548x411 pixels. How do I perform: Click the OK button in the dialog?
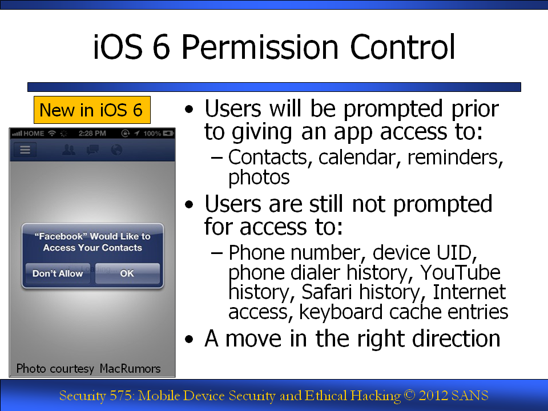[127, 273]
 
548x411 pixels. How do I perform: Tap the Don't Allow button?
[58, 273]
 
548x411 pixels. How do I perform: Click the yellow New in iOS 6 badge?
[92, 110]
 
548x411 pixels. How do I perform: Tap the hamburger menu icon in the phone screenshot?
[25, 150]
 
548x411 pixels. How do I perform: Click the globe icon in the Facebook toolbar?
[116, 150]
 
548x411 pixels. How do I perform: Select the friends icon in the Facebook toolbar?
[68, 150]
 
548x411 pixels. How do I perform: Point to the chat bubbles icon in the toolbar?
[92, 150]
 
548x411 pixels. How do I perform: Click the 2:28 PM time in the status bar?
[92, 133]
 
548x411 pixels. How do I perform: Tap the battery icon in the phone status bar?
[168, 133]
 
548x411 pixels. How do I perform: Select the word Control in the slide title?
[402, 47]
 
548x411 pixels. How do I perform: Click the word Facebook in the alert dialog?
[61, 236]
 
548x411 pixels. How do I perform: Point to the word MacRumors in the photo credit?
[130, 368]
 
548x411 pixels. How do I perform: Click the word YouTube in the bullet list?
[460, 272]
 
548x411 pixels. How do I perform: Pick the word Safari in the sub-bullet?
[327, 292]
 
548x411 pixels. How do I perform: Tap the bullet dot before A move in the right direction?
[189, 339]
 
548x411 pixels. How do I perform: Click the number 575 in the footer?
[121, 396]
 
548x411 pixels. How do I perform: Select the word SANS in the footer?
[469, 396]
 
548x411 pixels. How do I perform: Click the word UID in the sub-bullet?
[456, 253]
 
